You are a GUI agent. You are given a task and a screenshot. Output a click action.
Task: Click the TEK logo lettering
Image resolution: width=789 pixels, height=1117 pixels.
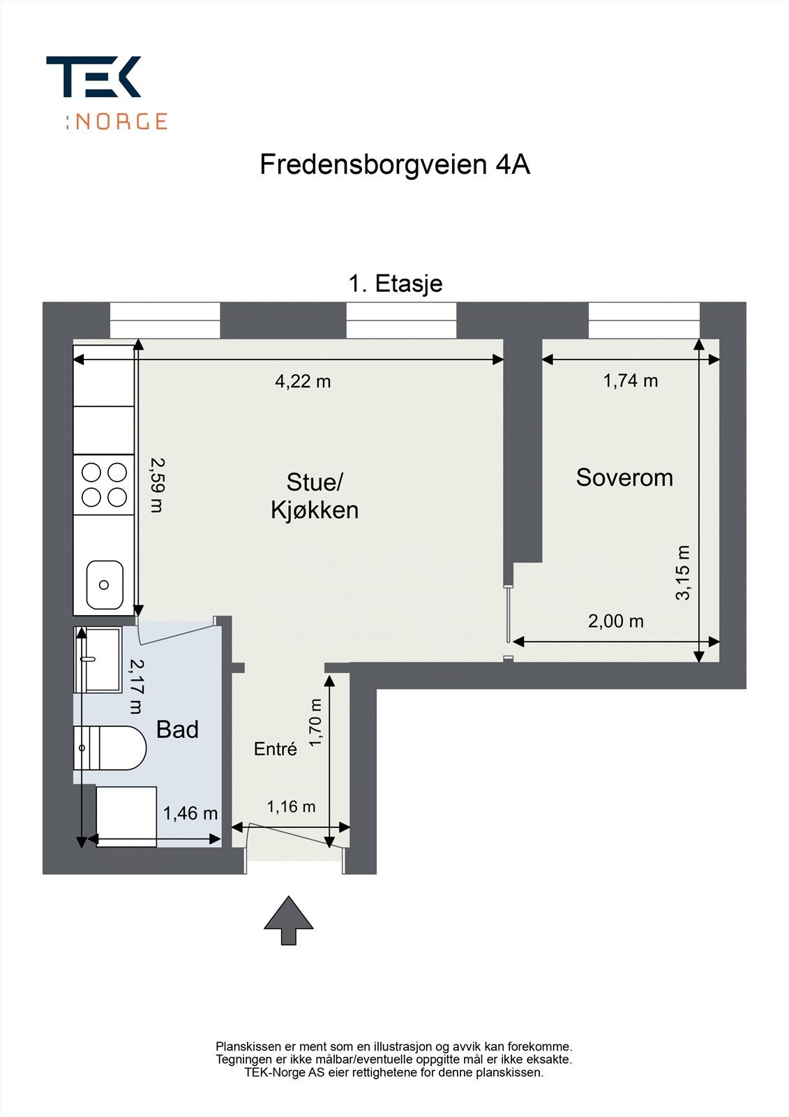click(93, 77)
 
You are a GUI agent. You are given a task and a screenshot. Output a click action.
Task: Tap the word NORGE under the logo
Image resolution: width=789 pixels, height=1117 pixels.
click(121, 121)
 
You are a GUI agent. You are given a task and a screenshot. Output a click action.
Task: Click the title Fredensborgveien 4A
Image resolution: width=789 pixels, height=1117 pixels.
click(395, 165)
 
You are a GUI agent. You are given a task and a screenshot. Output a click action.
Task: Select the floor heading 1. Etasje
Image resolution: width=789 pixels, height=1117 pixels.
click(396, 283)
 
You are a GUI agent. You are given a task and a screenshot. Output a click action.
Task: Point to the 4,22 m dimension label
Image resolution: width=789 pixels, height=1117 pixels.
click(303, 381)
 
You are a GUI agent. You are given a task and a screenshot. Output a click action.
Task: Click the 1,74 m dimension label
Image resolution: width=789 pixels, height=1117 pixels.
click(631, 380)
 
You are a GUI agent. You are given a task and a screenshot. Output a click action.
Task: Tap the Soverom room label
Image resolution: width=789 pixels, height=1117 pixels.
click(624, 478)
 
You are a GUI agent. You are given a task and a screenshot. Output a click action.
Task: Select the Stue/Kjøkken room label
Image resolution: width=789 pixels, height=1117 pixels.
click(315, 496)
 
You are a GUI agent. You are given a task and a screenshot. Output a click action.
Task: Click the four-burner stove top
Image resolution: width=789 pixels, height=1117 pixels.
click(104, 484)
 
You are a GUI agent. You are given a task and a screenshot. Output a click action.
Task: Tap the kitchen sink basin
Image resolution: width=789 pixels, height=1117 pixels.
click(105, 584)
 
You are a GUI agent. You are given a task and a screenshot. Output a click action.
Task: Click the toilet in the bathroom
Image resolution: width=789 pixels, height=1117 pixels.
click(112, 748)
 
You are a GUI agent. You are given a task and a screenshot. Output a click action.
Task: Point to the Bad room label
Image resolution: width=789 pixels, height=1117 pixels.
click(177, 730)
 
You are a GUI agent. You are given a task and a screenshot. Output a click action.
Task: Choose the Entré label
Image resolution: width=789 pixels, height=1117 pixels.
click(276, 749)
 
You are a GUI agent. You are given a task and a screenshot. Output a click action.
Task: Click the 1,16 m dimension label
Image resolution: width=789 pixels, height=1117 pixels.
click(291, 807)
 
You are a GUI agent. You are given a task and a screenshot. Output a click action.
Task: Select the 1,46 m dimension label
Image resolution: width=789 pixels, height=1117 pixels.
click(190, 813)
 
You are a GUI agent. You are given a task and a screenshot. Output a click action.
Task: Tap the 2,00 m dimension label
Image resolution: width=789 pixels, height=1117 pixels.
click(615, 621)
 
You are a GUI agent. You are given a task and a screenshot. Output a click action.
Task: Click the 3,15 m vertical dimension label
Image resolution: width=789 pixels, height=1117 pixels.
click(683, 572)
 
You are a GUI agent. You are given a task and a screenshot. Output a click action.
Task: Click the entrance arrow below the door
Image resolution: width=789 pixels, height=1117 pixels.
click(288, 921)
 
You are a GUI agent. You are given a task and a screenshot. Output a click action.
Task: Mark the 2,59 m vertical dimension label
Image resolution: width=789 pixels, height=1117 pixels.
click(158, 484)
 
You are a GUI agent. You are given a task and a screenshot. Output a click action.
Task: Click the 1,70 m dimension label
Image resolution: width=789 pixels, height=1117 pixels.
click(316, 723)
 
